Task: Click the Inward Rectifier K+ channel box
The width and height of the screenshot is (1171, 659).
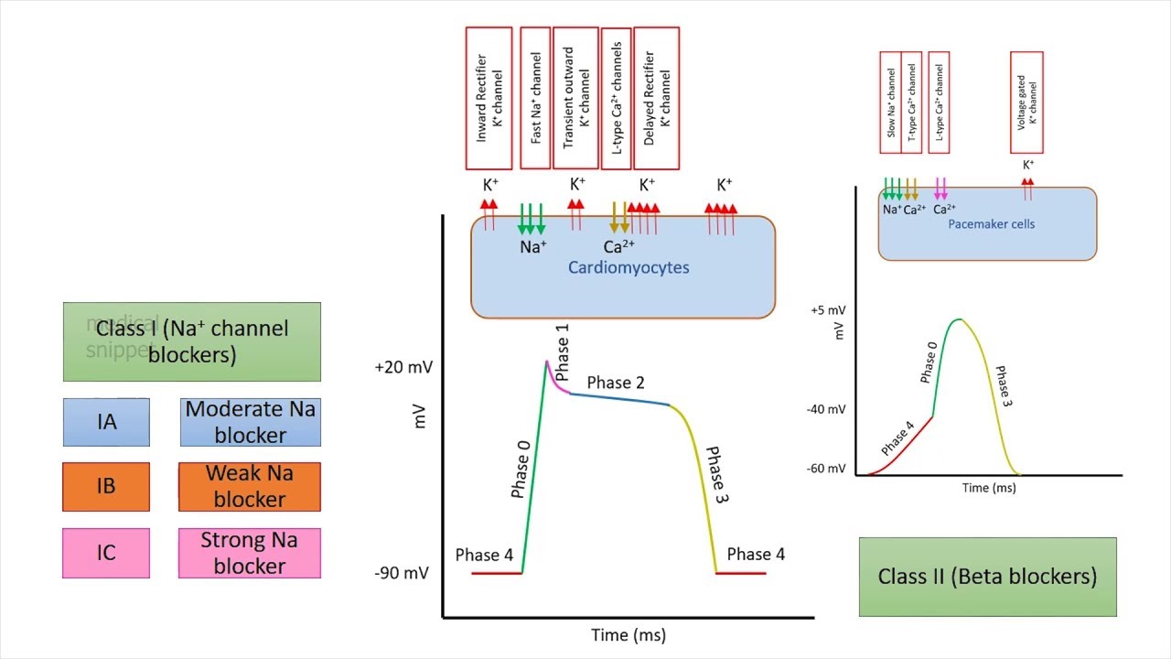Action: point(489,98)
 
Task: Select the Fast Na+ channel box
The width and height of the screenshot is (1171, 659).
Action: point(535,98)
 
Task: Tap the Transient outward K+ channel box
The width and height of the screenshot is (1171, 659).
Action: point(575,98)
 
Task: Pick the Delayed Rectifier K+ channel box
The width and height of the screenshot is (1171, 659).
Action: point(656,98)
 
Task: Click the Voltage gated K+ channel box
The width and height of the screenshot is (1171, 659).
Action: point(1026,103)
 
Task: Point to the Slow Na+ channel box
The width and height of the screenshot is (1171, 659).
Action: point(891,103)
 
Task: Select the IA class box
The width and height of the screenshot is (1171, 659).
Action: point(106,422)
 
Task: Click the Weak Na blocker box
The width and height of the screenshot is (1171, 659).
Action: point(250,486)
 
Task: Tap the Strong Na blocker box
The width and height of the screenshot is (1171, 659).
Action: point(250,553)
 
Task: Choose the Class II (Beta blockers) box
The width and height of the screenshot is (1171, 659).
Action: point(987,577)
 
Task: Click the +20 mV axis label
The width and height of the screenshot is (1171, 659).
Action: point(403,367)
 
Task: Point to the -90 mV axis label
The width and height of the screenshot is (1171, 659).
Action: point(402,573)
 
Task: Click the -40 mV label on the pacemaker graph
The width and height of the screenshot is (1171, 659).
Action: point(826,409)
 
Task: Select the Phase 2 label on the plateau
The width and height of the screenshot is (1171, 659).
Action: point(616,383)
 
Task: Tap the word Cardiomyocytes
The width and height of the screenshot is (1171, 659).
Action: point(628,267)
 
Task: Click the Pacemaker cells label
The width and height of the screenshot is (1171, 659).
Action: point(992,223)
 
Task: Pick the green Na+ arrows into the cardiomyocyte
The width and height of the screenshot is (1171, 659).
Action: point(532,218)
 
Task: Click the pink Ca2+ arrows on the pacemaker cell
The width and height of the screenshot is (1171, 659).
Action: point(940,189)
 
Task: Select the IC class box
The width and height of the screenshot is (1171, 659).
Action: point(106,553)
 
